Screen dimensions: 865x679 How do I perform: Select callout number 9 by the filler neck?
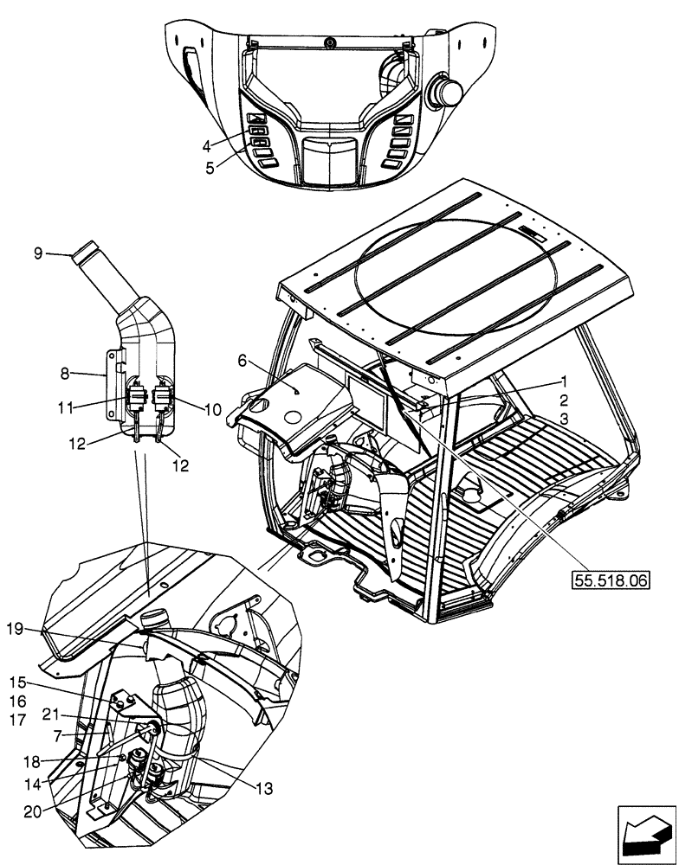[x=37, y=253]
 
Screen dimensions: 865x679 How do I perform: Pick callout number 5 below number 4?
[x=210, y=169]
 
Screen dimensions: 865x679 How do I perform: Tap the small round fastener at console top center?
[x=327, y=42]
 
